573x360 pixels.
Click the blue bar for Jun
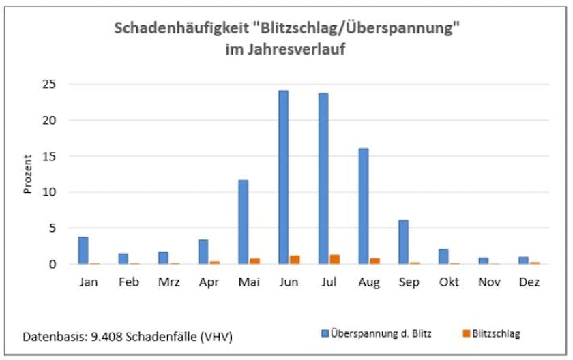(x=283, y=177)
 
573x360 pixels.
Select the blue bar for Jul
(x=323, y=179)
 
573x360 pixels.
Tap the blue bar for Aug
(x=364, y=206)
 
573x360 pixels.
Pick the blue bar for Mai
(x=243, y=222)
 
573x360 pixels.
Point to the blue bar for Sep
(x=403, y=242)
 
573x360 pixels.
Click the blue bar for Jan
(x=83, y=250)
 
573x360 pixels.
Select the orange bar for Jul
(x=334, y=259)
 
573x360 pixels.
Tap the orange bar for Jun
(x=295, y=260)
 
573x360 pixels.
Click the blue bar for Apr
(x=203, y=252)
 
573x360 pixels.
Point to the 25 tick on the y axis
(x=55, y=85)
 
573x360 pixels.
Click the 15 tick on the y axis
(x=55, y=156)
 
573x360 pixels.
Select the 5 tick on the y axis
(x=58, y=228)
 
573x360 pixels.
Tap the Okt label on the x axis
(x=449, y=282)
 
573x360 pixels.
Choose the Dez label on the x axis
(x=529, y=282)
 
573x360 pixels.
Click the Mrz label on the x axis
(x=168, y=282)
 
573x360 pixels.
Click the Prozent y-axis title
(x=28, y=175)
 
